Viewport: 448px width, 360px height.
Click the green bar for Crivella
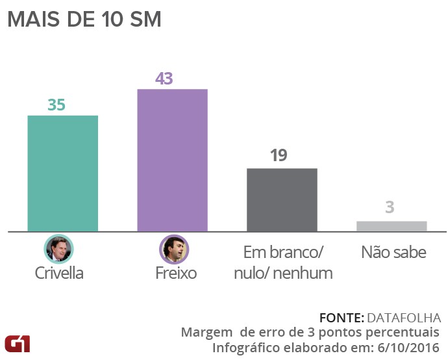pyautogui.click(x=62, y=173)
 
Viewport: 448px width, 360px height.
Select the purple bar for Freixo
pyautogui.click(x=172, y=160)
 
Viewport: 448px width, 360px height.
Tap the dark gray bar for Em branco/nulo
pyautogui.click(x=282, y=199)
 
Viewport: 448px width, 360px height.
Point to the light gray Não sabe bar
pyautogui.click(x=392, y=226)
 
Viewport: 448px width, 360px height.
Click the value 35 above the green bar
pyautogui.click(x=56, y=105)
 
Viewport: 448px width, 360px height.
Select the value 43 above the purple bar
pyautogui.click(x=164, y=79)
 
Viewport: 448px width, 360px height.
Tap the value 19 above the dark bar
pyautogui.click(x=277, y=156)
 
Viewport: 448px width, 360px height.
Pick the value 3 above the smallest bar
pyautogui.click(x=390, y=208)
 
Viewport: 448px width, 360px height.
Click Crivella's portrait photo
pyautogui.click(x=59, y=249)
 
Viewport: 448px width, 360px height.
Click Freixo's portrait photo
pyautogui.click(x=174, y=249)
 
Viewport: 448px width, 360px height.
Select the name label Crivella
pyautogui.click(x=59, y=273)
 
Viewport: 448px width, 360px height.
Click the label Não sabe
pyautogui.click(x=393, y=252)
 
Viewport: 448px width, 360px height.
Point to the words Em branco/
pyautogui.click(x=283, y=252)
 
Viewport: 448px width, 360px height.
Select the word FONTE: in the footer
pyautogui.click(x=342, y=318)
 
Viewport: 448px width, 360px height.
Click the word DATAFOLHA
pyautogui.click(x=404, y=318)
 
